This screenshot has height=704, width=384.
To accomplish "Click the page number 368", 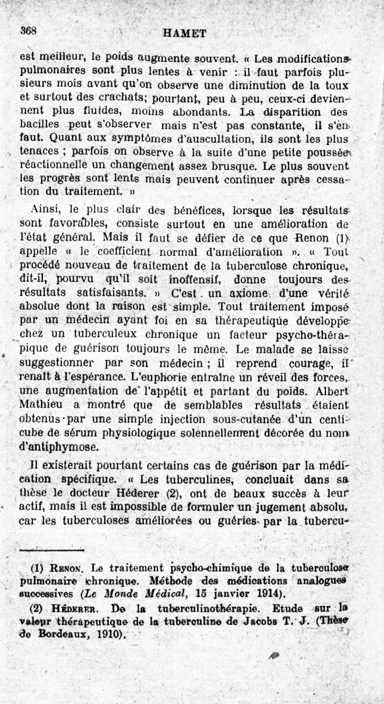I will tap(28, 30).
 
